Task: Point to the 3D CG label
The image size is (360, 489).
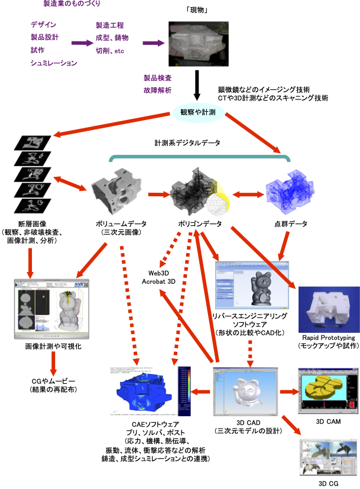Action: [327, 483]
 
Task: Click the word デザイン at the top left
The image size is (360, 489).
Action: [44, 25]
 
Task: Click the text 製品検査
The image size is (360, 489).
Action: [158, 77]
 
